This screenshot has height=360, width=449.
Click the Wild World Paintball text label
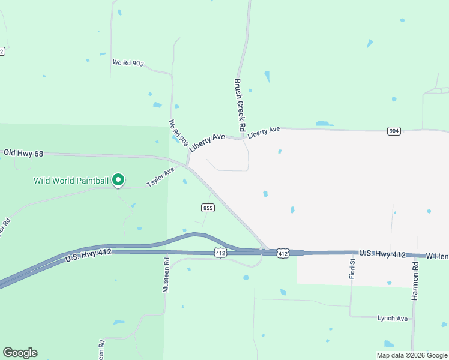(x=71, y=180)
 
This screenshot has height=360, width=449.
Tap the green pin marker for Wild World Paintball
(x=119, y=179)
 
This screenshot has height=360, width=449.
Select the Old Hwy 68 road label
(x=23, y=154)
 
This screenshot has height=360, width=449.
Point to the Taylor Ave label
(x=160, y=176)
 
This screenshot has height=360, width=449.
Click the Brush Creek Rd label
(x=239, y=106)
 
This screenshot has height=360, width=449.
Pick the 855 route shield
(x=207, y=208)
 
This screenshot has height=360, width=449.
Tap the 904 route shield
(x=394, y=131)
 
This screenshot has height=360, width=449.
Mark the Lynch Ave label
(x=393, y=318)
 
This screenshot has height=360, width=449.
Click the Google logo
(x=20, y=353)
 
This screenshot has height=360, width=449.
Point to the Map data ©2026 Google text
(x=412, y=355)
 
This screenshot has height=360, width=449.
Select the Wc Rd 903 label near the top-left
(x=128, y=63)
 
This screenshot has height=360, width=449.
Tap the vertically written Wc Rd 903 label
(x=174, y=132)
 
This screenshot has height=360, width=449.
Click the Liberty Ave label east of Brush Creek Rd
(x=264, y=130)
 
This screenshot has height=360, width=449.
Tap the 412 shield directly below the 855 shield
(x=220, y=254)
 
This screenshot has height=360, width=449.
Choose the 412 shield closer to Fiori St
(x=283, y=254)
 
